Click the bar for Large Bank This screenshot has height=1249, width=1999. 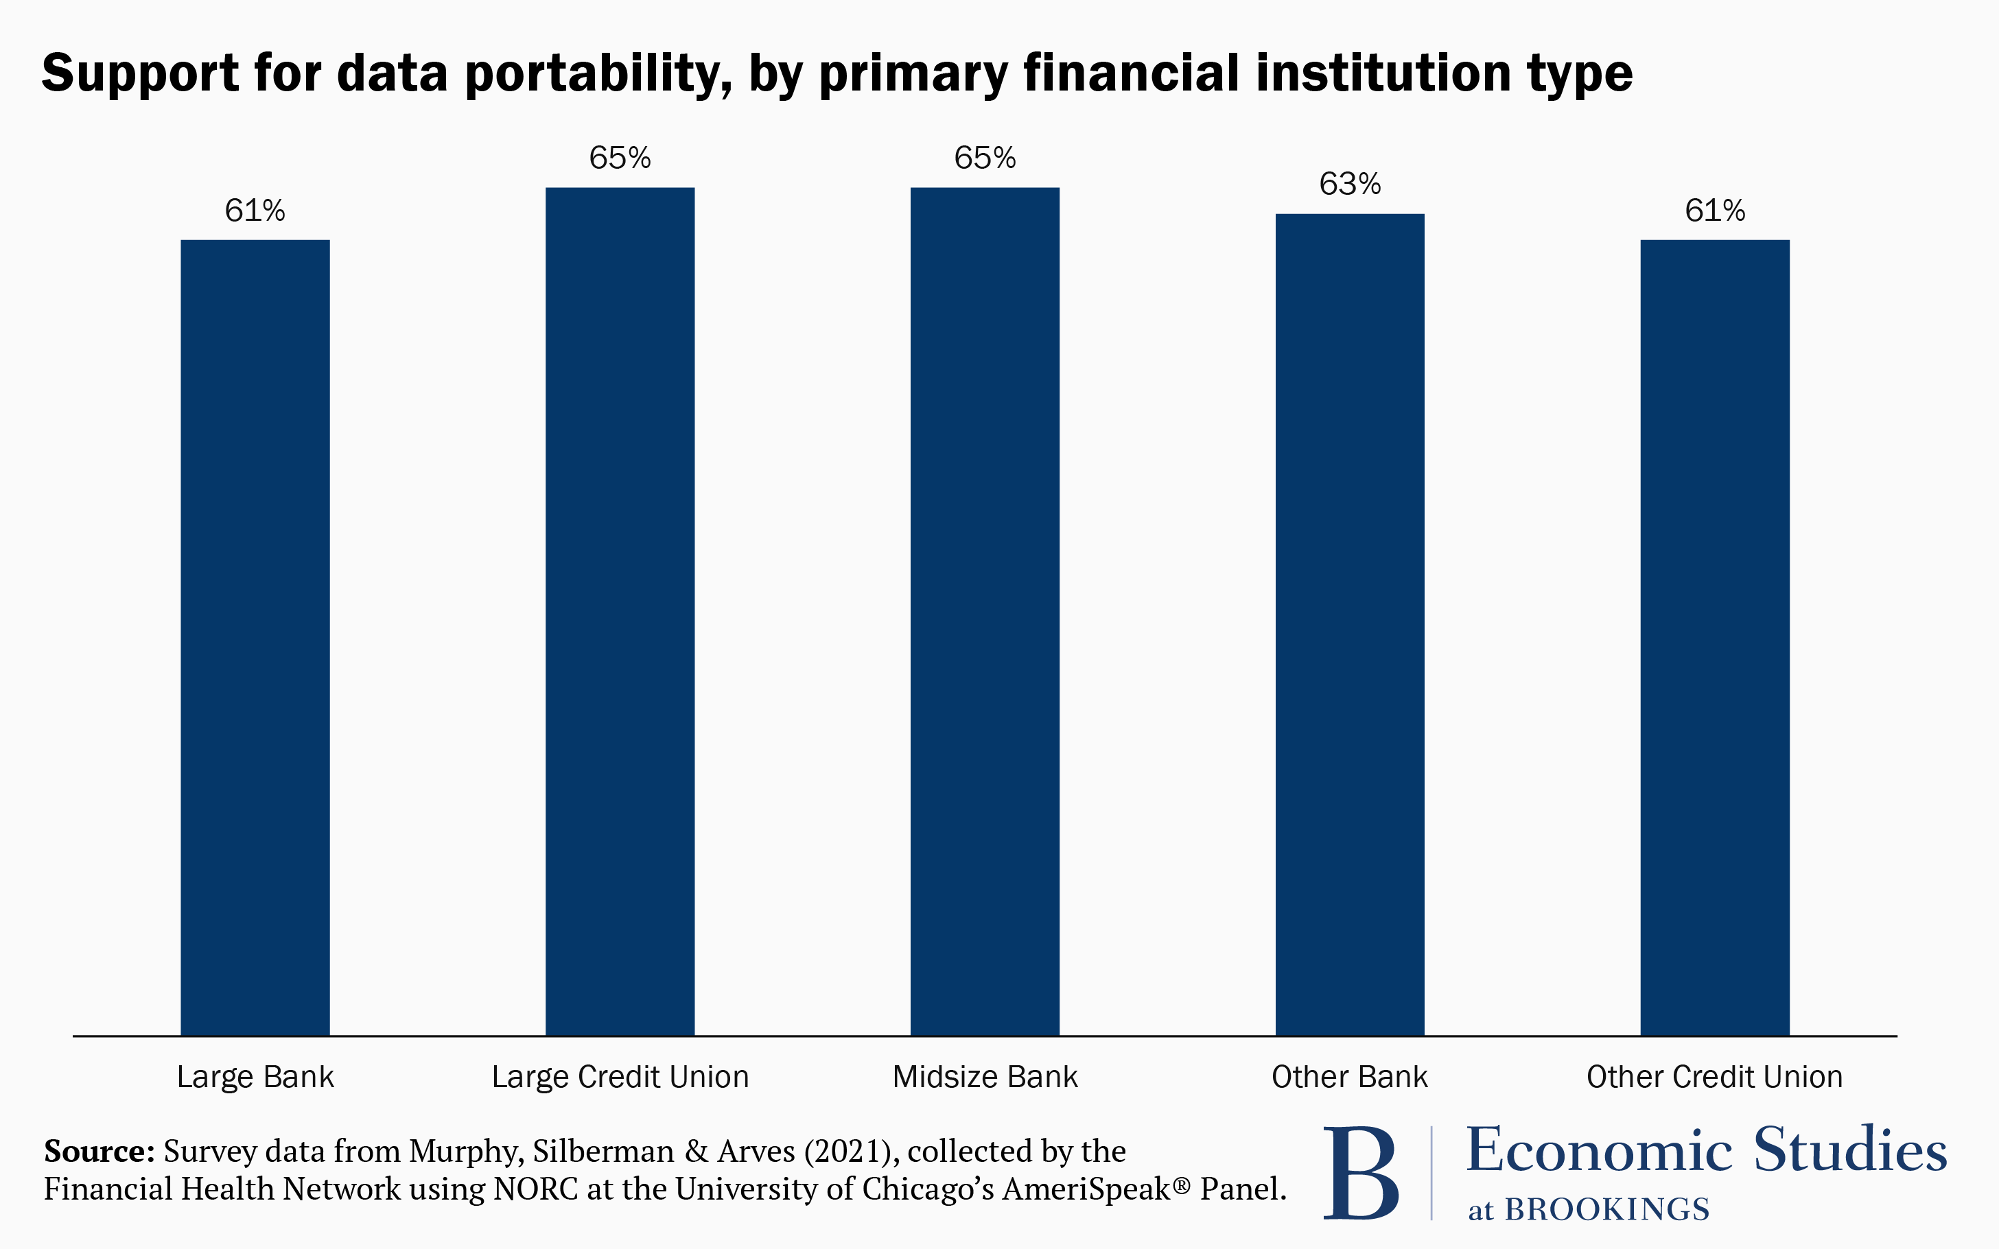pyautogui.click(x=255, y=636)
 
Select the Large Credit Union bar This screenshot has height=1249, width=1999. pyautogui.click(x=620, y=611)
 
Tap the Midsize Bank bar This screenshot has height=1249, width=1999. pyautogui.click(x=984, y=611)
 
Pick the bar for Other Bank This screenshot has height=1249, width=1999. pyautogui.click(x=1349, y=623)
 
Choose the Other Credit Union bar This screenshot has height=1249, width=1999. pyautogui.click(x=1715, y=636)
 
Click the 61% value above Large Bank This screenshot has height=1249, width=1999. pyautogui.click(x=255, y=211)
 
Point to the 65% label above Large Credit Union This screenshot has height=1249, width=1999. pyautogui.click(x=620, y=158)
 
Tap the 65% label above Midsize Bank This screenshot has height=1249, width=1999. pyautogui.click(x=984, y=158)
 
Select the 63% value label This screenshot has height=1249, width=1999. pyautogui.click(x=1349, y=185)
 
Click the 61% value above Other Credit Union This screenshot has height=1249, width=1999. pyautogui.click(x=1715, y=211)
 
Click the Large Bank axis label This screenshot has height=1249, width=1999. pyautogui.click(x=255, y=1077)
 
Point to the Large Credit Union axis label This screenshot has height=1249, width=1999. pyautogui.click(x=620, y=1077)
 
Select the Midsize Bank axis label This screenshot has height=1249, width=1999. pyautogui.click(x=984, y=1077)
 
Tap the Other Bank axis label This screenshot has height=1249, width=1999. pyautogui.click(x=1349, y=1077)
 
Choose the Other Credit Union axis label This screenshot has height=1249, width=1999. pyautogui.click(x=1715, y=1077)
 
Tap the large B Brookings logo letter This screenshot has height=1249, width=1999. pyautogui.click(x=1361, y=1173)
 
